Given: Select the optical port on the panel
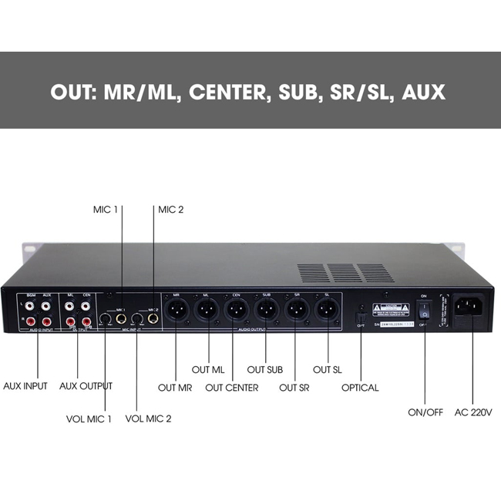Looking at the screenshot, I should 358,315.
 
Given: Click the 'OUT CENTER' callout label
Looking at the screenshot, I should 231,388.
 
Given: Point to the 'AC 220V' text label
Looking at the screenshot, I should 473,412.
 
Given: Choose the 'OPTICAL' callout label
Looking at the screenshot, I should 360,388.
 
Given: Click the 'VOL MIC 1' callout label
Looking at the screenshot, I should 88,419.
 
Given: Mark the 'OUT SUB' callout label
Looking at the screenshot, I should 264,370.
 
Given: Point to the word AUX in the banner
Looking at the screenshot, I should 424,92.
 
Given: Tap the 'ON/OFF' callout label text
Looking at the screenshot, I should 425,412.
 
